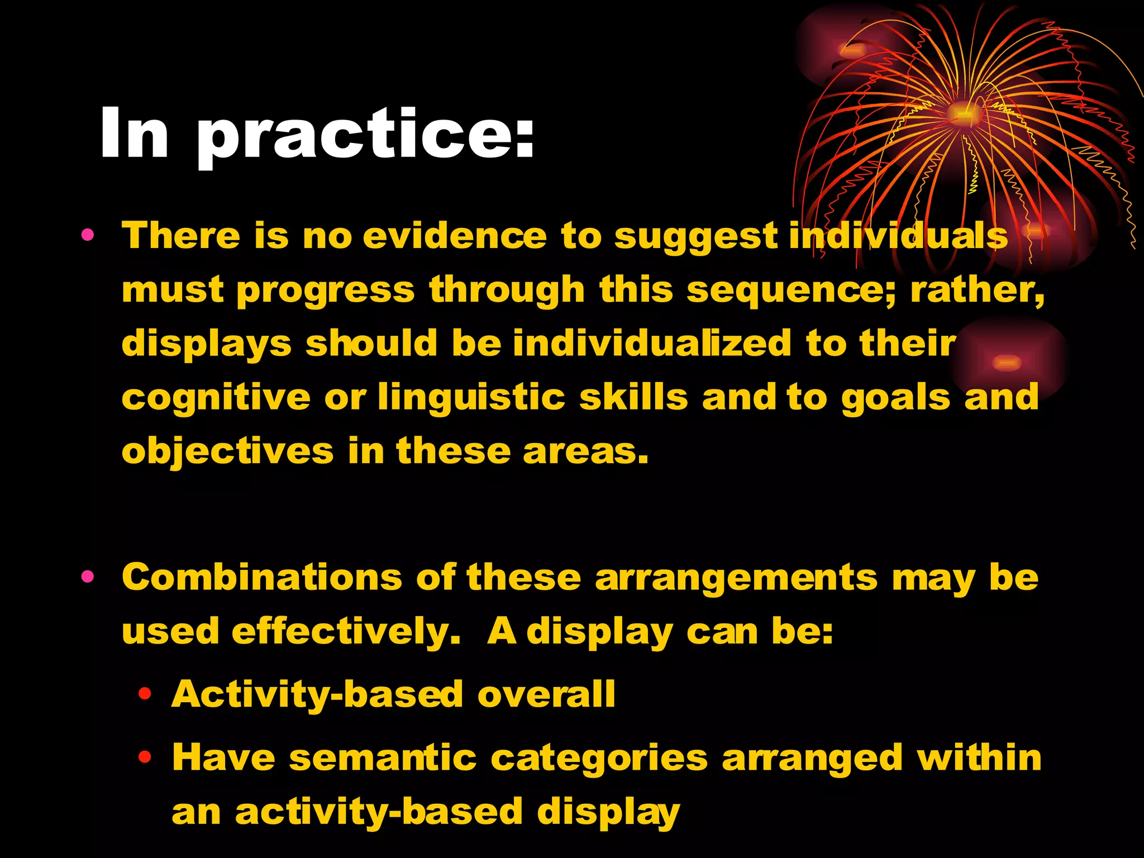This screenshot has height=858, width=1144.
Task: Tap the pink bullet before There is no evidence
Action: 87,235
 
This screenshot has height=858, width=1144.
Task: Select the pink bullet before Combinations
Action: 87,576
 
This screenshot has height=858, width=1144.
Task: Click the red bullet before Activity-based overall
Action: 145,694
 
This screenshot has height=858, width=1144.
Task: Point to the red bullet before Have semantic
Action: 145,757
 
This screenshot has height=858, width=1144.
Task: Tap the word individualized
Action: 652,343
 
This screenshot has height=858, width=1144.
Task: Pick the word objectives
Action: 227,451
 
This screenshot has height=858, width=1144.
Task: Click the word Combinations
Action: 262,577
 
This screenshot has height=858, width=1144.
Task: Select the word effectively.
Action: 346,632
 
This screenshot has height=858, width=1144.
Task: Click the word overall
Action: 546,694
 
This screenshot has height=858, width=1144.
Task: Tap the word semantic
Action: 383,758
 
